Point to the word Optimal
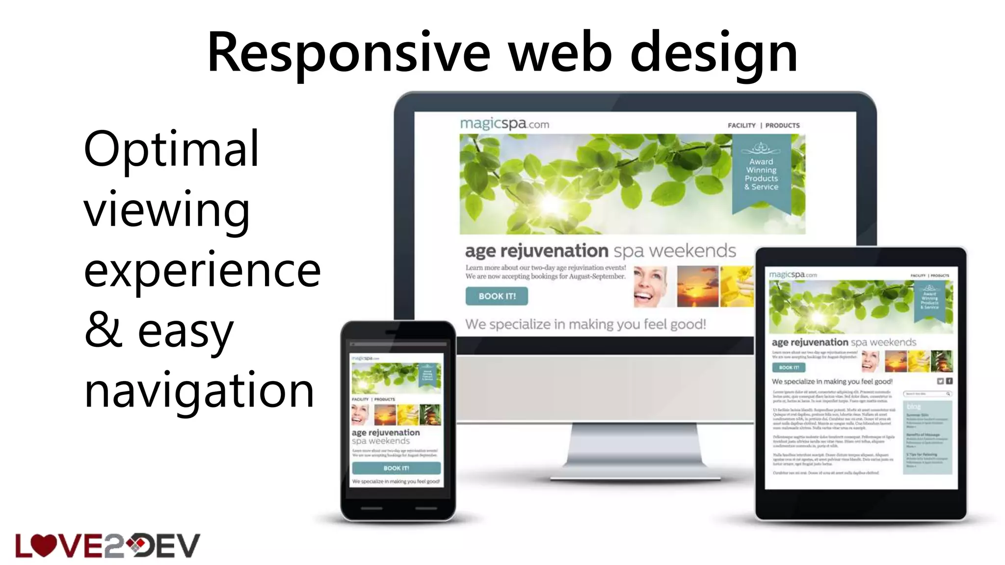point(171,149)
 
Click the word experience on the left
point(202,270)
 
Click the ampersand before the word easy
point(103,331)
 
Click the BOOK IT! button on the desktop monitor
point(497,296)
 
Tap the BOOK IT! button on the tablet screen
point(789,367)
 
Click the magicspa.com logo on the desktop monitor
point(504,124)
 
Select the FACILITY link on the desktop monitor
point(741,126)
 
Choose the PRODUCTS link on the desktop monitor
point(782,126)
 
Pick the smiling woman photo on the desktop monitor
point(651,286)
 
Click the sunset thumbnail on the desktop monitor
point(697,286)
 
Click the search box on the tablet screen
point(927,394)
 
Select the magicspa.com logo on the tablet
point(793,275)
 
